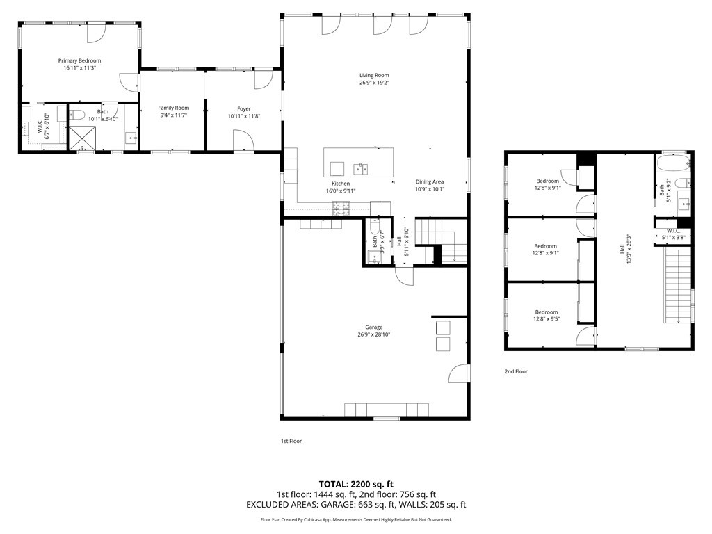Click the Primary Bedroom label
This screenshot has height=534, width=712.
(79, 60)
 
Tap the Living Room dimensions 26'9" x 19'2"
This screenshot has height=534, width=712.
(374, 83)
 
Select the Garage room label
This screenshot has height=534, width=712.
(373, 327)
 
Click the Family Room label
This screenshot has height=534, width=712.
(173, 108)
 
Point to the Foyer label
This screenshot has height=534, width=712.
(244, 109)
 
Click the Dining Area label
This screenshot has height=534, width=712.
(430, 181)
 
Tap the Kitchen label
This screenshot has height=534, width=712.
(341, 184)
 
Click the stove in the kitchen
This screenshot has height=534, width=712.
(341, 208)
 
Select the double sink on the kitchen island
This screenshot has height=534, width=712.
(361, 169)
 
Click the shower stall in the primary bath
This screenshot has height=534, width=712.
(82, 138)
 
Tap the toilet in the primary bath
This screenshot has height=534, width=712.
(77, 114)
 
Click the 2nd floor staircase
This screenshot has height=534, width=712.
(679, 285)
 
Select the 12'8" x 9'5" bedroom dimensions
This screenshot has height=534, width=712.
(547, 318)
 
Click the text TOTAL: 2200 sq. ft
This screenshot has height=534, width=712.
(356, 484)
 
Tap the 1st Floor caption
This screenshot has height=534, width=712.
(291, 441)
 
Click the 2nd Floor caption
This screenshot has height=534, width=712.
(516, 371)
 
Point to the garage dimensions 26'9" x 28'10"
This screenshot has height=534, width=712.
(373, 334)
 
